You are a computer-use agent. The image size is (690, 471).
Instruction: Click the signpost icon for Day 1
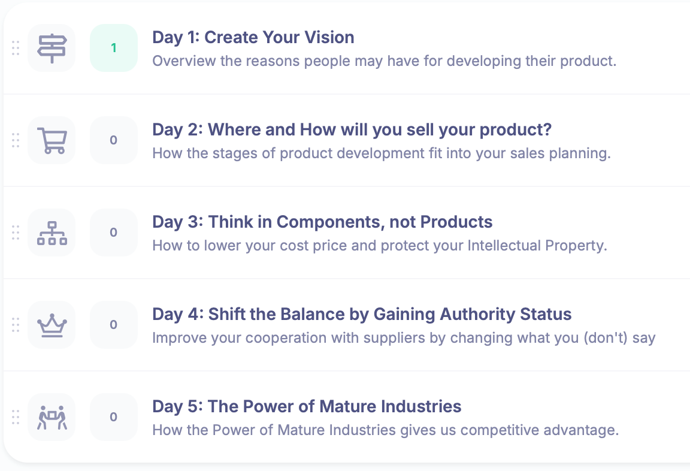52,48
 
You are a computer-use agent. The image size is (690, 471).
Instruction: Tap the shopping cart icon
52,140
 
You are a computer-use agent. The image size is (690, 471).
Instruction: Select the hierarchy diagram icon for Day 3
52,233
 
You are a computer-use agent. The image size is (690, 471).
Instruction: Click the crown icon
52,325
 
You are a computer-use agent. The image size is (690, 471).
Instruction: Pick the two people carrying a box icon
52,417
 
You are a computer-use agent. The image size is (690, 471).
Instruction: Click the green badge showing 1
114,48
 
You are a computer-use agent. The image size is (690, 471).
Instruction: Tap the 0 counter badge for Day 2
114,140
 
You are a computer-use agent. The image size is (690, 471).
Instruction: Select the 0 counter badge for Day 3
114,233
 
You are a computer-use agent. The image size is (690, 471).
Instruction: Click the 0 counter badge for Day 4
114,325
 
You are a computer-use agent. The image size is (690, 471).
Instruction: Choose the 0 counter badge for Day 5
114,417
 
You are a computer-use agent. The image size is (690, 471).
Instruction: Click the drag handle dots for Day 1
16,48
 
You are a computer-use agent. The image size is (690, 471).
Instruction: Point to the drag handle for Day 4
16,325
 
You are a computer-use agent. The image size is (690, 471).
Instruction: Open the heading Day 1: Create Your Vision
253,37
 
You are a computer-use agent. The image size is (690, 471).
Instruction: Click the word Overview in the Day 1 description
184,61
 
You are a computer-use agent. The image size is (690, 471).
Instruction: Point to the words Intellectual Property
537,245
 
